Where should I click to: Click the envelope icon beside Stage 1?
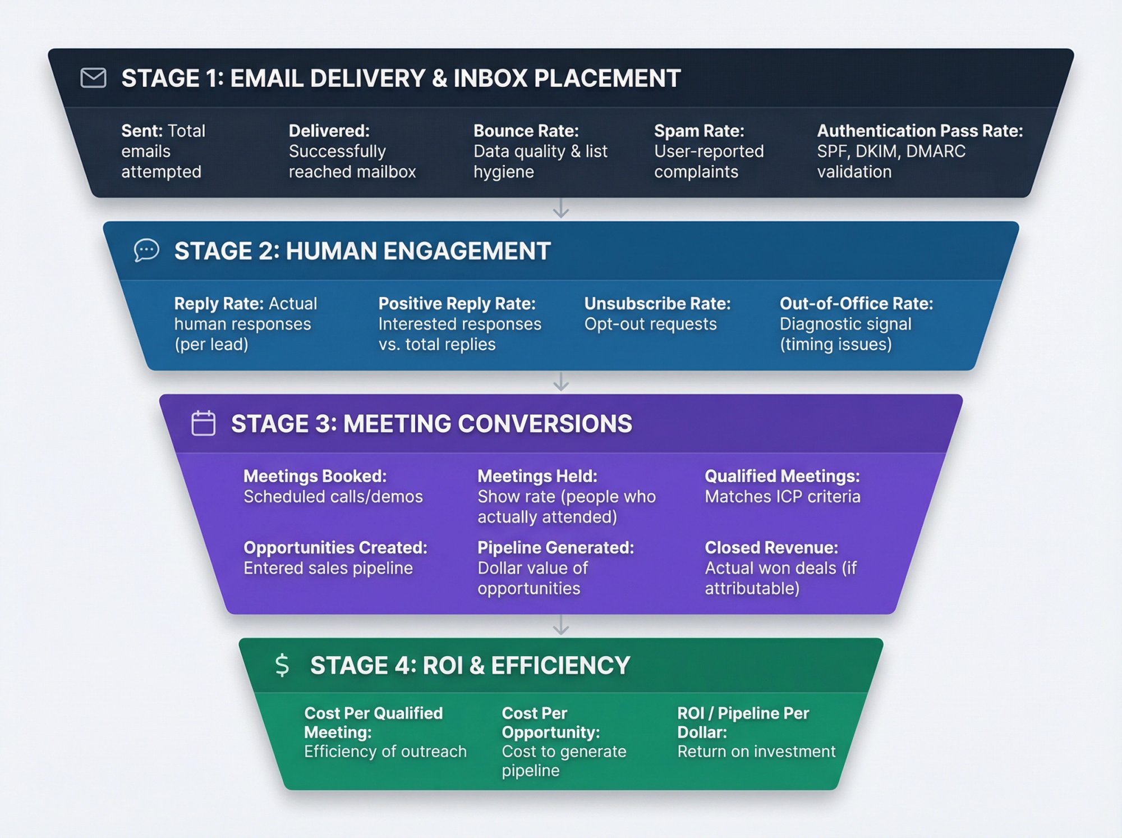[93, 78]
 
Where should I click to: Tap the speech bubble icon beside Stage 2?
[146, 250]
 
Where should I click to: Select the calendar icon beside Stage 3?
[203, 423]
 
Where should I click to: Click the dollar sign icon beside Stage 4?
[282, 665]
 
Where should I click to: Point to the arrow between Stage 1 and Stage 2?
[561, 209]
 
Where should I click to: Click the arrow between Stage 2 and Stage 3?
[561, 382]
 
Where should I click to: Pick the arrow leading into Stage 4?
[561, 625]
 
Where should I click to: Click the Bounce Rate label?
[526, 131]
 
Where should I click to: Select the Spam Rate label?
[699, 131]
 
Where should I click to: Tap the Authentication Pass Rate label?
[919, 131]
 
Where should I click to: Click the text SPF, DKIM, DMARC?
[891, 151]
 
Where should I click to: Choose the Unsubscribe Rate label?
[657, 304]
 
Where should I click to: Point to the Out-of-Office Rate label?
[856, 304]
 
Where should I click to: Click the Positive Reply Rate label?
[457, 304]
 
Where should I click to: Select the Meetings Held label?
[537, 476]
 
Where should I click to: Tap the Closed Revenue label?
[771, 547]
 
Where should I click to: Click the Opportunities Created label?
[335, 547]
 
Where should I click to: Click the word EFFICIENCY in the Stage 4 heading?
[560, 665]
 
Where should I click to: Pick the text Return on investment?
[756, 751]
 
